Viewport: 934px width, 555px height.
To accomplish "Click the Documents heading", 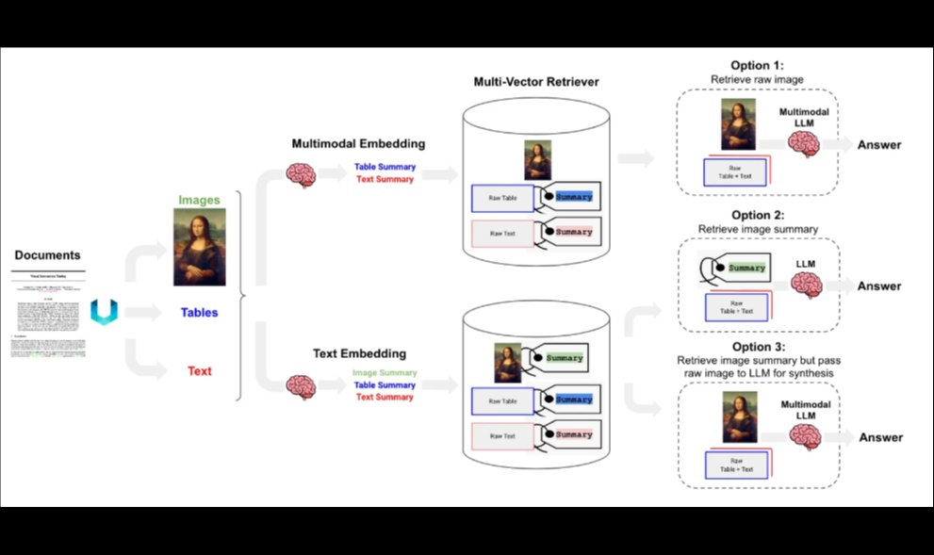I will point(47,255).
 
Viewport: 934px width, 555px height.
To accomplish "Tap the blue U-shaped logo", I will point(103,313).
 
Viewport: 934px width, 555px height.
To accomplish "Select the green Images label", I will point(199,200).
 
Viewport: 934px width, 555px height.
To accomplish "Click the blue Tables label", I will point(199,313).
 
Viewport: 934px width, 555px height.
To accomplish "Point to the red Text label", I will point(199,371).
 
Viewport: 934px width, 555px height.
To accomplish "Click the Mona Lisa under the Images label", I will point(199,248).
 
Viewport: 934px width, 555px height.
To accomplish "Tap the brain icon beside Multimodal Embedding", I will point(301,173).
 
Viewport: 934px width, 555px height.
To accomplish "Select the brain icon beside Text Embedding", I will point(301,385).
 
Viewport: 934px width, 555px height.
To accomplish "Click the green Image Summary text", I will point(385,373).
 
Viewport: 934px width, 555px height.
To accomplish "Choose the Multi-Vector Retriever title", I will point(535,82).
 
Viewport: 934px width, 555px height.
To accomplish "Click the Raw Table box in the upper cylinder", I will point(501,199).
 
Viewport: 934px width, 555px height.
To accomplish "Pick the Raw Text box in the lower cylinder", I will point(501,436).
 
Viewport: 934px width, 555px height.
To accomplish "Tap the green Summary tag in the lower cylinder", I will point(565,358).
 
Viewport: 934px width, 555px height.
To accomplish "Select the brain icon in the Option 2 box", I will point(806,285).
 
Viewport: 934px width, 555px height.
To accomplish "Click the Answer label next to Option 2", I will point(878,286).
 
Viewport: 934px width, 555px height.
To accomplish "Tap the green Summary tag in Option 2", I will point(746,269).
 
